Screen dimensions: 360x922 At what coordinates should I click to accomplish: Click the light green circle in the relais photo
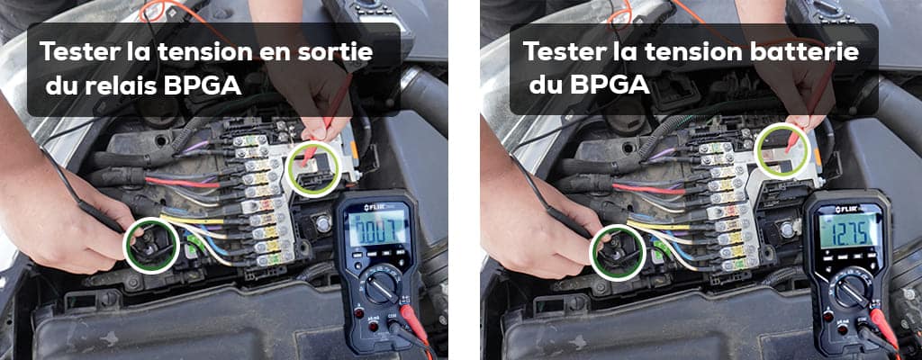(x=314, y=166)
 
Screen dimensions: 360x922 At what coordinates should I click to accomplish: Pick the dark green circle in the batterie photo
(x=618, y=251)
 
